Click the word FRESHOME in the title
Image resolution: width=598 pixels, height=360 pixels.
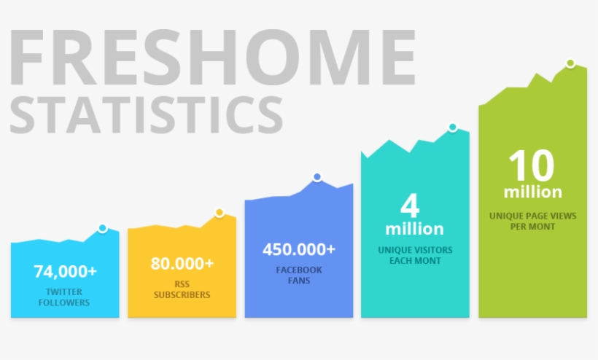(212, 57)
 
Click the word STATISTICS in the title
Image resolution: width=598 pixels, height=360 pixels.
(146, 114)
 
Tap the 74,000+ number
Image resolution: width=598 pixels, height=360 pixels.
(65, 272)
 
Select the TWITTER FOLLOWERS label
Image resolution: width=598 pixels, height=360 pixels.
(64, 297)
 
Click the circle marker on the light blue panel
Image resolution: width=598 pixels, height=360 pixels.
(102, 228)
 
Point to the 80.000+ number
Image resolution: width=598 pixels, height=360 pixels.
(182, 264)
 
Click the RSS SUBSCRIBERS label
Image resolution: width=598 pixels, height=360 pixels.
(182, 289)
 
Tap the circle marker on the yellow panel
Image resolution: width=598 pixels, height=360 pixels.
(220, 213)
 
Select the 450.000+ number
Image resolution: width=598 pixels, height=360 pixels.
(299, 249)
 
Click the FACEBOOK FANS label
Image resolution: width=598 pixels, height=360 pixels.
(299, 275)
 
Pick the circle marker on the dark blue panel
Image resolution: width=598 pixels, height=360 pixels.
(317, 177)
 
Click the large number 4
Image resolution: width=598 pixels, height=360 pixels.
(410, 206)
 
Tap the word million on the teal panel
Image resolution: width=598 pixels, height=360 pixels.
(414, 229)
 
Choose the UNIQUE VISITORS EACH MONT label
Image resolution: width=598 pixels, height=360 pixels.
(415, 256)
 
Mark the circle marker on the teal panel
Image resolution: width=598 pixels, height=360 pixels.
(453, 127)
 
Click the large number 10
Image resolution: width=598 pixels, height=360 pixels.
(531, 165)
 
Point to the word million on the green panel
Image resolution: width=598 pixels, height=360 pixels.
(533, 192)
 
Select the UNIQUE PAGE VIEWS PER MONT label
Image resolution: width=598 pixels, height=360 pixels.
(533, 222)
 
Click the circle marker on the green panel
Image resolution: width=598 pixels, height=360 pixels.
(570, 63)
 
